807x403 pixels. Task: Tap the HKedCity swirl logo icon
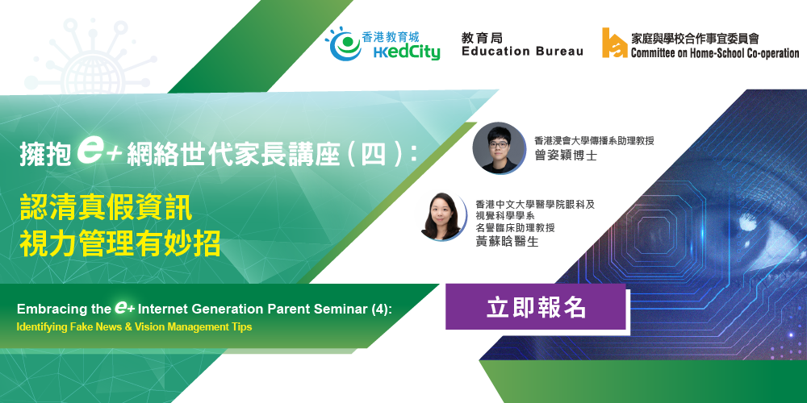pos(345,44)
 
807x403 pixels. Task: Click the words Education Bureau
pos(522,52)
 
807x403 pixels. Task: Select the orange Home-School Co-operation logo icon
pos(614,43)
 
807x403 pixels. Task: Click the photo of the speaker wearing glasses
pos(499,147)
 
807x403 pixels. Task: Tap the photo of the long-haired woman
pos(441,216)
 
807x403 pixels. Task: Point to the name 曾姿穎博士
pos(566,156)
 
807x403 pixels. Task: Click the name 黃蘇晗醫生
pos(507,242)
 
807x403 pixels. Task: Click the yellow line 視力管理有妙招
pos(120,244)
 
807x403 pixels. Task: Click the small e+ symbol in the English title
pos(124,307)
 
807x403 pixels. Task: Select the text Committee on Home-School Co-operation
pos(715,53)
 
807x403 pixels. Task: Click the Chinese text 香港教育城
pos(391,36)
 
